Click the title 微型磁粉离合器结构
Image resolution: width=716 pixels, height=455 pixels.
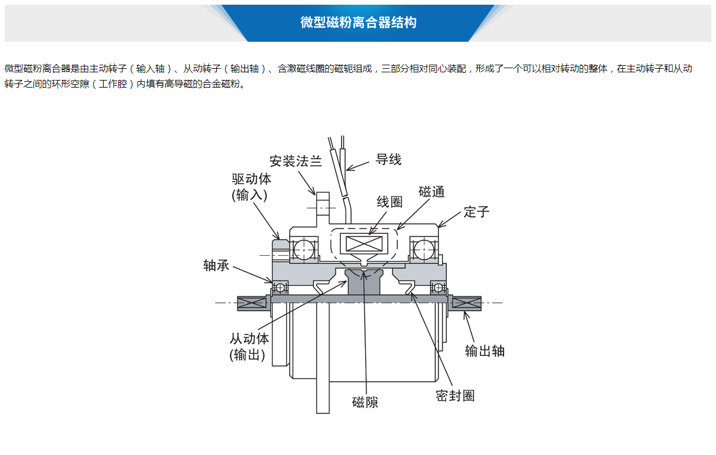[358, 23]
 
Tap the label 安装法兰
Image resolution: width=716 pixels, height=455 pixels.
[296, 161]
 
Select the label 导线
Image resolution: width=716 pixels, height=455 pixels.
[389, 159]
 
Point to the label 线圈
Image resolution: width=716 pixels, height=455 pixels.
[390, 202]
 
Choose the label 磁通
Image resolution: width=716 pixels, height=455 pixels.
[432, 192]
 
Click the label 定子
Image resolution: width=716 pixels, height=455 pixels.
[476, 212]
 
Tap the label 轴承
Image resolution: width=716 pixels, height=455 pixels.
[216, 266]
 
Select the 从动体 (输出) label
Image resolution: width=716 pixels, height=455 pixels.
[249, 347]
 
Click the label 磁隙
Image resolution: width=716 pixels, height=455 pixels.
[365, 403]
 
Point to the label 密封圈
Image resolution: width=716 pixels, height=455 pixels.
[455, 396]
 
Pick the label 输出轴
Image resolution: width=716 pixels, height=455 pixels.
[485, 351]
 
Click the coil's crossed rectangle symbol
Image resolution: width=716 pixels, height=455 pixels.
[366, 243]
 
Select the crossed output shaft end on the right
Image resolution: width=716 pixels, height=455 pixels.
[466, 303]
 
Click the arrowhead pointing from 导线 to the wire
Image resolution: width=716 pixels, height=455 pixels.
[349, 169]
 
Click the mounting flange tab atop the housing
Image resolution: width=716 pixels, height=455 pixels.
[322, 203]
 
